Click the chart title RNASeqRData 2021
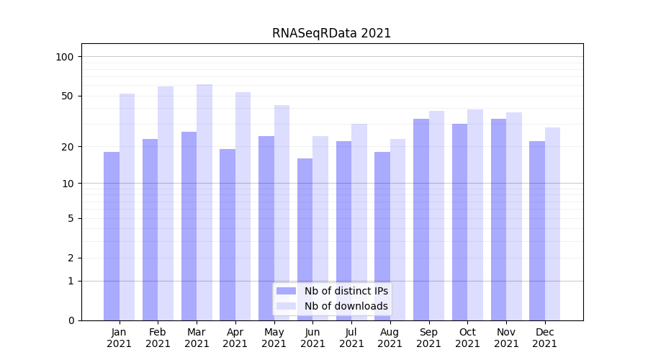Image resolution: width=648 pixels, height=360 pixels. (x=331, y=33)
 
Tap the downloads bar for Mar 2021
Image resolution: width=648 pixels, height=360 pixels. (x=204, y=202)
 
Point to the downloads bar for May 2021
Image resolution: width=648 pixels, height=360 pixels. (x=282, y=212)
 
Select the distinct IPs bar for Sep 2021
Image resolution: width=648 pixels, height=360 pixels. (x=421, y=220)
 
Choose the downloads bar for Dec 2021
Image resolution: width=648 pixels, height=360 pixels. (x=552, y=224)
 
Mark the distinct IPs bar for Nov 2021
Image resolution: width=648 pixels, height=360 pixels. (x=498, y=220)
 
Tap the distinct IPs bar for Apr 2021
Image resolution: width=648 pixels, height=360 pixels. (x=228, y=235)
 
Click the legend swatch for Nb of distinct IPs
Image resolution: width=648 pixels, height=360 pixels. (x=287, y=291)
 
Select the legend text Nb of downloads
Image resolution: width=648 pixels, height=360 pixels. (x=346, y=306)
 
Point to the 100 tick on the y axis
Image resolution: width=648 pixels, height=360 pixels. (x=65, y=57)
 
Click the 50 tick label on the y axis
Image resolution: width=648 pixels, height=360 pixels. (x=68, y=96)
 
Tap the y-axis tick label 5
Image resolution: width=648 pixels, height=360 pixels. (x=71, y=218)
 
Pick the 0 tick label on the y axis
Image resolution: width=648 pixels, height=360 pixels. (x=71, y=320)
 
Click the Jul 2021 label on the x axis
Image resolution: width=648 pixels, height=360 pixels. (x=351, y=338)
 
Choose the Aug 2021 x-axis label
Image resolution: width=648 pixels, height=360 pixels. (x=390, y=338)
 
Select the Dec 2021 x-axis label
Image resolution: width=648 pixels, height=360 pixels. (x=545, y=338)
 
